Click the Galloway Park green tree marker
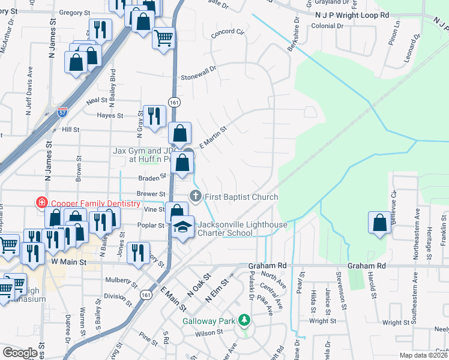243,320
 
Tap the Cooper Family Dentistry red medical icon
41,203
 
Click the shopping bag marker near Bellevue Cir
379,223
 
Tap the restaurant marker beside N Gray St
155,114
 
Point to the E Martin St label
212,136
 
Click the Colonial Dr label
327,26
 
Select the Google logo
20,353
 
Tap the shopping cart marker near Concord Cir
163,38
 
